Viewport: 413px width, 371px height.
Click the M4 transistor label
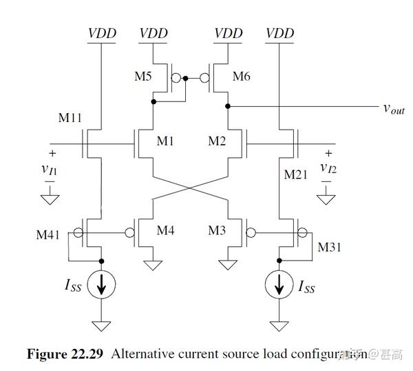pos(166,230)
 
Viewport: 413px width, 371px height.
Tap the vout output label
pos(393,108)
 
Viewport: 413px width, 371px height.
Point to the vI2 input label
pos(328,168)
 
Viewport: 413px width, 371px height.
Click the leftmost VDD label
pos(102,32)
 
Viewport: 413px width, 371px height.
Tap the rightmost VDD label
pos(279,32)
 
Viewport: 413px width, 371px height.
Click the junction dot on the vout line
pos(229,107)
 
